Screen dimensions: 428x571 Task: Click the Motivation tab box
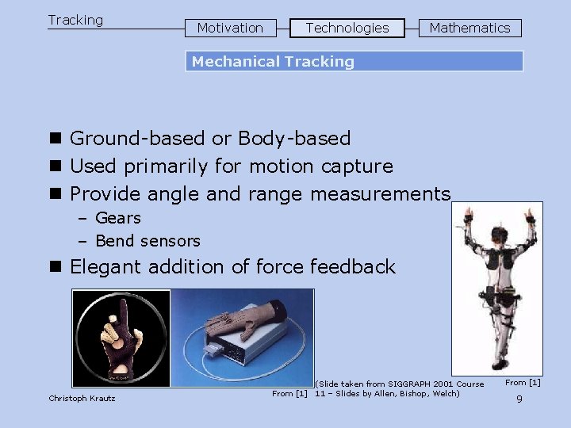230,28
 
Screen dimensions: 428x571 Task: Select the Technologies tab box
347,28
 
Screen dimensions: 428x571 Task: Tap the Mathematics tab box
469,28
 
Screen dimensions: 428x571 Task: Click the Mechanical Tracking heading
273,62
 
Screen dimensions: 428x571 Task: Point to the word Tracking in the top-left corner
75,20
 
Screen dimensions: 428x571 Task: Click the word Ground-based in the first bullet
138,139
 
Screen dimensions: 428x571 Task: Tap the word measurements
381,194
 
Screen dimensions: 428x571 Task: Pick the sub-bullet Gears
117,218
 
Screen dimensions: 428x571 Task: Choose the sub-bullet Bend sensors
148,241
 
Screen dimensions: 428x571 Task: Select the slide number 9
519,399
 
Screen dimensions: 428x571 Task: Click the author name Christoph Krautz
82,398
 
